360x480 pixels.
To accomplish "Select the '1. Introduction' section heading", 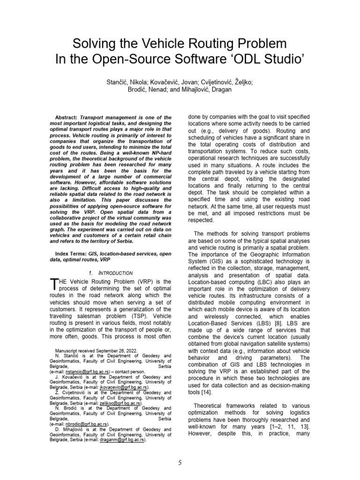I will (x=111, y=273).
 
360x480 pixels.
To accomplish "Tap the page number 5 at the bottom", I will (x=180, y=463).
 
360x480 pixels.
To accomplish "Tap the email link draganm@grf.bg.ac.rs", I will (x=123, y=440).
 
